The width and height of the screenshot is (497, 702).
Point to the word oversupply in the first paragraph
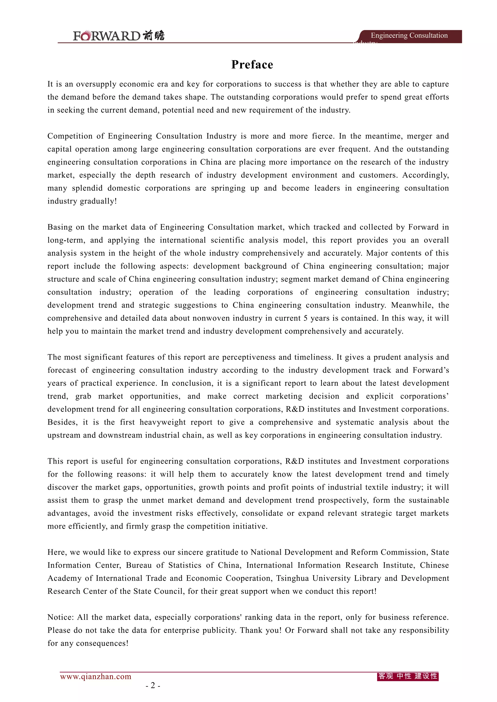96,84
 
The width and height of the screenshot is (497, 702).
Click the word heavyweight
163,422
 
